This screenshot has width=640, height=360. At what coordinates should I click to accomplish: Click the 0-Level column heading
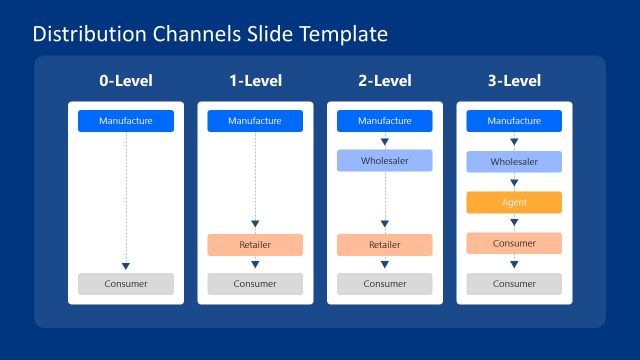[x=126, y=81]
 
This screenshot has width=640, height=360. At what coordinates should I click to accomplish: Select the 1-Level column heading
[x=255, y=81]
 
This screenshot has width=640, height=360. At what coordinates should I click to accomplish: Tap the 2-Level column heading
[x=385, y=81]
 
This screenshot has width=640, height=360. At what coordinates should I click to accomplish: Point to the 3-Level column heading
[x=514, y=81]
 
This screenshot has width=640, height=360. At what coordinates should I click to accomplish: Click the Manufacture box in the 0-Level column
[x=126, y=121]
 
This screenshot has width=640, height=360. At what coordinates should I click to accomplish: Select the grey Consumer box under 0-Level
[x=126, y=284]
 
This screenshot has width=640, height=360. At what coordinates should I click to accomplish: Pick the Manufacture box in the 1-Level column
[x=255, y=121]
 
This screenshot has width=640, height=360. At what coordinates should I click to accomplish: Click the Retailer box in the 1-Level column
[x=255, y=245]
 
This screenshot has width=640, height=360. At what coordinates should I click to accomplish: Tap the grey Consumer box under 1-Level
[x=255, y=284]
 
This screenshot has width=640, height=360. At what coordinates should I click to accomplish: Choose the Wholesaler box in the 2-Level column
[x=385, y=161]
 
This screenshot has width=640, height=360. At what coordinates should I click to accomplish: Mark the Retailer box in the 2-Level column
[x=385, y=245]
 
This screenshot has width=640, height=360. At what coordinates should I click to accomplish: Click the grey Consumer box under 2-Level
[x=385, y=284]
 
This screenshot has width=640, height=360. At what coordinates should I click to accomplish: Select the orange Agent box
[x=514, y=202]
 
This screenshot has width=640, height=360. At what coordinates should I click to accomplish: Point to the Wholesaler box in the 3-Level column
[x=514, y=161]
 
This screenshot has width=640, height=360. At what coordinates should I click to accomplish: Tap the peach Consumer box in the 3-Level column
[x=514, y=243]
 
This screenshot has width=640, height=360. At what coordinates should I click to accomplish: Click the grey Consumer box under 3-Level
[x=514, y=284]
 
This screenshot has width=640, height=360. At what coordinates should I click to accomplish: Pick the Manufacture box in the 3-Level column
[x=514, y=121]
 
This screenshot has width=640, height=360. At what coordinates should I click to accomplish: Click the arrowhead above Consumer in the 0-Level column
[x=126, y=266]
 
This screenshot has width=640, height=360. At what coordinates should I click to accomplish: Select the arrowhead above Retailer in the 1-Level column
[x=255, y=224]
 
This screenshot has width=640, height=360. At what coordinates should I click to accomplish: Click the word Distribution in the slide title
[x=87, y=34]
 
